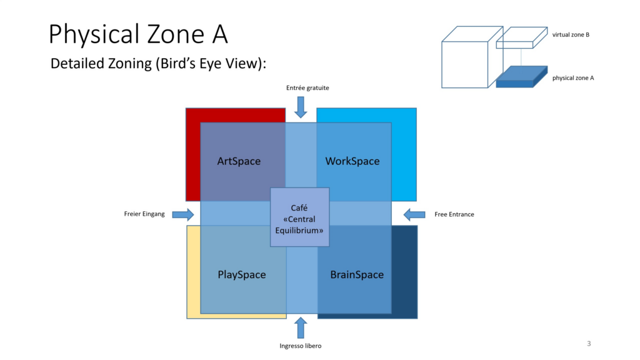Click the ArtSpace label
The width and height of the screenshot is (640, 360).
(239, 161)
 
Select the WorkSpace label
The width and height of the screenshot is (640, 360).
(352, 161)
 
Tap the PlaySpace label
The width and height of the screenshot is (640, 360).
(241, 274)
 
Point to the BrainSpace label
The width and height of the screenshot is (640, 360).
(357, 274)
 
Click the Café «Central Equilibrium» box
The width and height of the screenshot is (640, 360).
(299, 217)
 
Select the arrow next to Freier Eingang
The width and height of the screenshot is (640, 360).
(183, 214)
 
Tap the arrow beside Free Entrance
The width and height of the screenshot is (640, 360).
(414, 214)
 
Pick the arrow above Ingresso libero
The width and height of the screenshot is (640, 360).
(301, 327)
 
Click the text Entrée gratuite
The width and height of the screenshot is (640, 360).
(307, 88)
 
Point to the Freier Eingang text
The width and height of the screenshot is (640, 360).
(144, 214)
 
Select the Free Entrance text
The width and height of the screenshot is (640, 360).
(454, 214)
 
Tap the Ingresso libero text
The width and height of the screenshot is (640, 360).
(301, 346)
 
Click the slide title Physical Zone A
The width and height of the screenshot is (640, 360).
(138, 34)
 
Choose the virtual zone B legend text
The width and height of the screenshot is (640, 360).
(571, 35)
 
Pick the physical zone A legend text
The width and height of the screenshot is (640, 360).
(573, 78)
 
